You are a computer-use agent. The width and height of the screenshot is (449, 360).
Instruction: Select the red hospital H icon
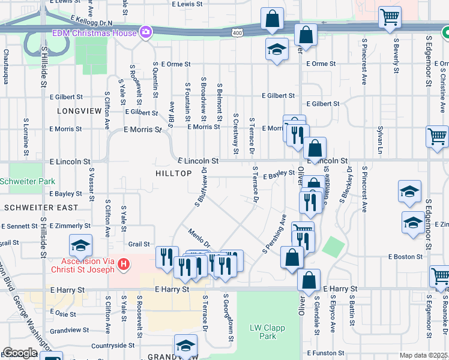(124, 264)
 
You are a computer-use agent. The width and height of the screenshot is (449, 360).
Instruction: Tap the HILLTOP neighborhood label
(175, 173)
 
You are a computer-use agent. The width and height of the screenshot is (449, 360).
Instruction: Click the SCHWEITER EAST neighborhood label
(40, 207)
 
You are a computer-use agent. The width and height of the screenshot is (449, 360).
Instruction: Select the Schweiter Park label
(28, 181)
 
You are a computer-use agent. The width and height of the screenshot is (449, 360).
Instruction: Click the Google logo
(20, 353)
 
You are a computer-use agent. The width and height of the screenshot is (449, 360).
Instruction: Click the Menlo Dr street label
(199, 238)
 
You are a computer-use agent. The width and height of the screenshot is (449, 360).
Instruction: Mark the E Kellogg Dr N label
(91, 21)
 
